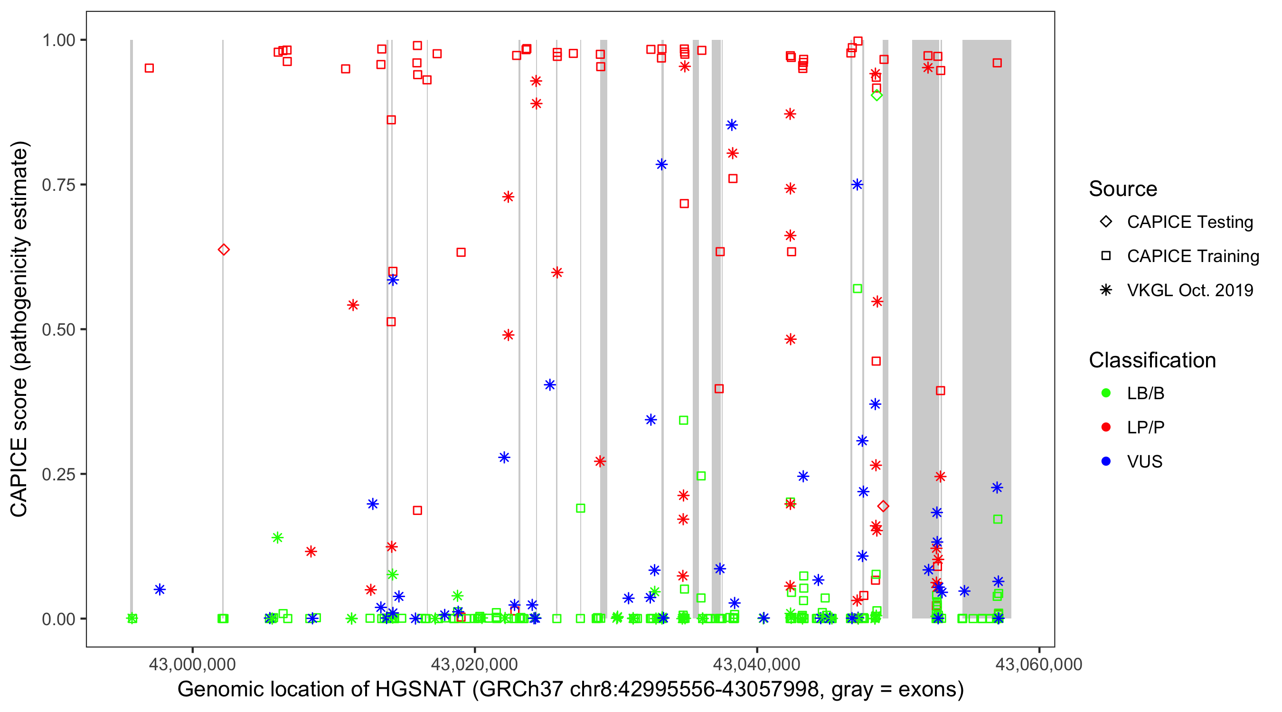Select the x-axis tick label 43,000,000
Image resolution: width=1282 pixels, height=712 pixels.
[192, 664]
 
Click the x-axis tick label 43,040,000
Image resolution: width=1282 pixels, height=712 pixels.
[756, 664]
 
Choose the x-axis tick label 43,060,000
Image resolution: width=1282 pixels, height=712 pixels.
[1038, 664]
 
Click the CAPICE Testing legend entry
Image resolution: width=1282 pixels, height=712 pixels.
[1189, 222]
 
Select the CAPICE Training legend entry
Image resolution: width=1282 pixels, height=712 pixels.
[1192, 256]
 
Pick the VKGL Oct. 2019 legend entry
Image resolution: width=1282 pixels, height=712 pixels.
[1189, 290]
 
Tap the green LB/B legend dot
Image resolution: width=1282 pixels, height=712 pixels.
[1106, 393]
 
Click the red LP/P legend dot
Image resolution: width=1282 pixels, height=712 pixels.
[1106, 427]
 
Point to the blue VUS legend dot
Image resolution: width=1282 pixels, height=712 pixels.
[1106, 462]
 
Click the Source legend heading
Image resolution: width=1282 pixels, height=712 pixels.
[1123, 189]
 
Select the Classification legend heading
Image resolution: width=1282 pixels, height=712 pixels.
[1152, 360]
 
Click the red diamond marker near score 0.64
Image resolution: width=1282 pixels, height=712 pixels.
[224, 249]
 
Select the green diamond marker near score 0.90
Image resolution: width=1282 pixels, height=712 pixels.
[877, 95]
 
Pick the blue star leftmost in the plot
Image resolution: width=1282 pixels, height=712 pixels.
[159, 590]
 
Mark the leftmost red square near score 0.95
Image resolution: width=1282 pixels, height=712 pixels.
[149, 68]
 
